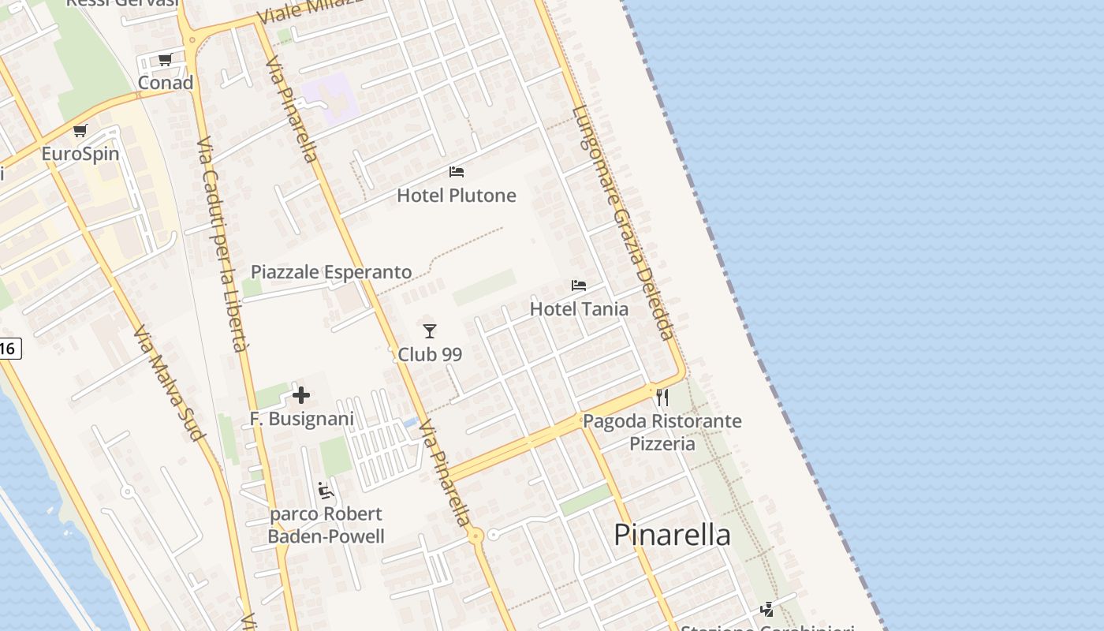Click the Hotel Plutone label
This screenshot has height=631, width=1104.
tap(457, 196)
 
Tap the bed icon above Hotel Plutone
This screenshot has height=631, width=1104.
tap(457, 172)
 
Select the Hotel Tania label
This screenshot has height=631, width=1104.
tap(579, 309)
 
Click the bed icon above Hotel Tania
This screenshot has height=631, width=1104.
tap(579, 286)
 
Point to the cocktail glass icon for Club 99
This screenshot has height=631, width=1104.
tap(430, 331)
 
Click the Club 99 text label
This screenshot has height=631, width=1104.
tap(430, 355)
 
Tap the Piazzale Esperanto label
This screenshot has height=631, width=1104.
tap(331, 272)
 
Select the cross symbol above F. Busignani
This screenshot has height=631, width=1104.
tap(301, 395)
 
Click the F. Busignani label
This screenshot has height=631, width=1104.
tap(302, 419)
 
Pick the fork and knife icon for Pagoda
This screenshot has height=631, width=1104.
tap(662, 398)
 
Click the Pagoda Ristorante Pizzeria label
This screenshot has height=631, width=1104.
tap(662, 432)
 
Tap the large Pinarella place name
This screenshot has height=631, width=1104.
tap(673, 535)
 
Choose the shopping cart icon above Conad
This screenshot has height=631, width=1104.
tap(166, 59)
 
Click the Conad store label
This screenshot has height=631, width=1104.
tap(166, 83)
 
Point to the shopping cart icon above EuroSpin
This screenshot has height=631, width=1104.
tap(80, 130)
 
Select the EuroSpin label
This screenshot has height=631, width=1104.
tap(80, 154)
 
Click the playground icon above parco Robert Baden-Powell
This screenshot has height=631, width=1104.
tap(326, 491)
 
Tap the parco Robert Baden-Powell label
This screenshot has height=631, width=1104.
tap(326, 525)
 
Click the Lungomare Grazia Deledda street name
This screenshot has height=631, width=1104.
tap(623, 222)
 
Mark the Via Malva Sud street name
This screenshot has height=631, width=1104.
tap(170, 383)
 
